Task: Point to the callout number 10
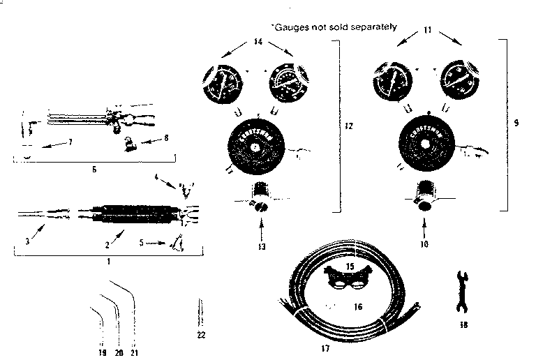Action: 426,244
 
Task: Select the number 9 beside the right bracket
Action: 516,123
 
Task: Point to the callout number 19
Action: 103,352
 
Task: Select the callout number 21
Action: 135,352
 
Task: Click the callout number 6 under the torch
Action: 95,169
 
